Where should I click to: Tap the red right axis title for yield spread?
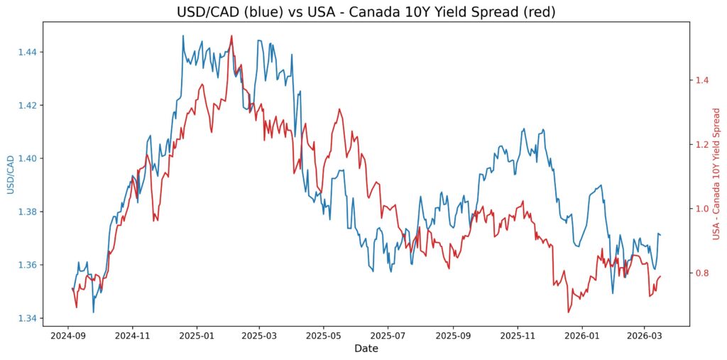pyautogui.click(x=717, y=175)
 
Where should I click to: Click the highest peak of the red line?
pyautogui.click(x=231, y=36)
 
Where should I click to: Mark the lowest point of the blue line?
pyautogui.click(x=93, y=312)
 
